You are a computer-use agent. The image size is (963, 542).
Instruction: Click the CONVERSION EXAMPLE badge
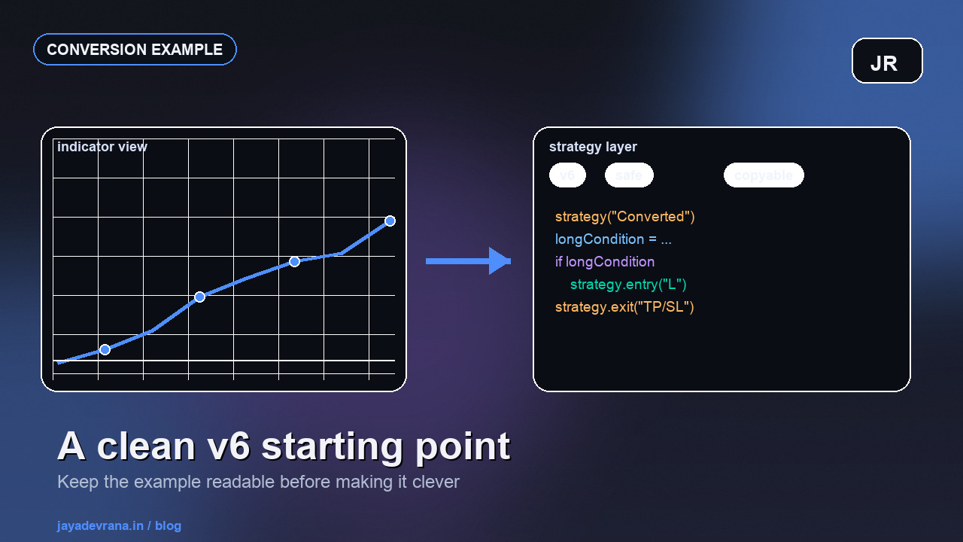click(x=135, y=50)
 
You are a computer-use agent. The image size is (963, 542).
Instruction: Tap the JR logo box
click(x=887, y=61)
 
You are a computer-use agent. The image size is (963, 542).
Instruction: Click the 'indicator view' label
click(x=102, y=147)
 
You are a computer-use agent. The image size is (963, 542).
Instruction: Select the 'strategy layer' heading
click(x=593, y=147)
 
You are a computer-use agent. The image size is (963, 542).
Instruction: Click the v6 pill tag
click(x=567, y=175)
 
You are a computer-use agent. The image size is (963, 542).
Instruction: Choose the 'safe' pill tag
click(x=629, y=175)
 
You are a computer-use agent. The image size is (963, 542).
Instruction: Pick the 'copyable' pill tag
click(x=764, y=175)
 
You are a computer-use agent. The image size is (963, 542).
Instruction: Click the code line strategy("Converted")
click(x=625, y=217)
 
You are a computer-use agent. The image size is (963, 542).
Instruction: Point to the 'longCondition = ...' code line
click(x=613, y=239)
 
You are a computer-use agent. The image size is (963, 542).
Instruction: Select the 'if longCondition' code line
click(x=605, y=262)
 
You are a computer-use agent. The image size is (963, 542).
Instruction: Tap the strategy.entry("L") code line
click(x=628, y=285)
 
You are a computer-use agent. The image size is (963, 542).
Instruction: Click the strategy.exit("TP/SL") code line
click(x=624, y=307)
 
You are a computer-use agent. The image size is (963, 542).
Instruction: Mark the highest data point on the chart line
click(x=390, y=221)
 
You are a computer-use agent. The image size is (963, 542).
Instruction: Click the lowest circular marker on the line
click(x=105, y=349)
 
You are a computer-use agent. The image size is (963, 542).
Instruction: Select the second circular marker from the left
click(x=199, y=297)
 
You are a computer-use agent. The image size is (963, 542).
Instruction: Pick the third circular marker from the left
click(x=294, y=261)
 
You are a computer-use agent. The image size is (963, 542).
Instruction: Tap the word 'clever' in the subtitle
click(x=436, y=482)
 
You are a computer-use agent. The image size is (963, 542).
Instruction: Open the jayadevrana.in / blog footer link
click(x=119, y=525)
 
